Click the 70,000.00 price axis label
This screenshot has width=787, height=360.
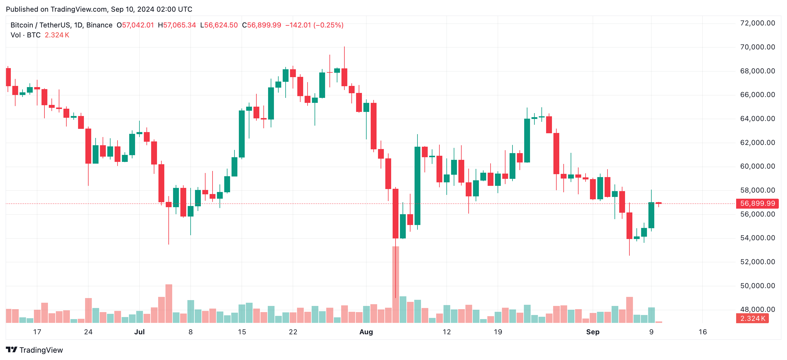click(757, 47)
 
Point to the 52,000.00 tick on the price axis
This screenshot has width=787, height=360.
click(757, 262)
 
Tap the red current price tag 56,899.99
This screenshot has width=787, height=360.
click(757, 203)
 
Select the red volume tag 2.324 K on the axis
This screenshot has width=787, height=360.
click(752, 319)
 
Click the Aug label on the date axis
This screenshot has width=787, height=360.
click(366, 332)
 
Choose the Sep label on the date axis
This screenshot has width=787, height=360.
click(593, 332)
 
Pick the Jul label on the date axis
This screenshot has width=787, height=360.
click(139, 332)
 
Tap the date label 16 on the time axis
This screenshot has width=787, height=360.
click(703, 332)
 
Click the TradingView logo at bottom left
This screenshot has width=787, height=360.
click(34, 350)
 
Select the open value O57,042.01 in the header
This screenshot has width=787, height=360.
click(135, 25)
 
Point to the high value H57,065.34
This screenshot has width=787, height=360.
click(177, 25)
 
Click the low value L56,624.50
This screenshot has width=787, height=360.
click(219, 25)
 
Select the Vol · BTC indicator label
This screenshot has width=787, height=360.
click(26, 35)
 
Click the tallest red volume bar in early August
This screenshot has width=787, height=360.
click(396, 284)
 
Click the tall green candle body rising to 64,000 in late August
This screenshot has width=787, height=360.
click(527, 141)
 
